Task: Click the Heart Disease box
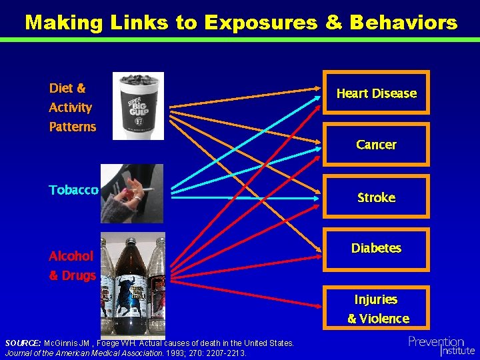pyautogui.click(x=376, y=93)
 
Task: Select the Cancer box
pyautogui.click(x=376, y=145)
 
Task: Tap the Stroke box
pyautogui.click(x=376, y=197)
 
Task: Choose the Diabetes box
pyautogui.click(x=376, y=248)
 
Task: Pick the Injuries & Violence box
pyautogui.click(x=376, y=309)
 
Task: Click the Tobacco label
pyautogui.click(x=73, y=190)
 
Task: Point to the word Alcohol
pyautogui.click(x=71, y=256)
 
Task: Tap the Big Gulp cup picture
pyautogui.click(x=138, y=105)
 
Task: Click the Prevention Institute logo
pyautogui.click(x=441, y=345)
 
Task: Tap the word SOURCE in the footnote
pyautogui.click(x=23, y=343)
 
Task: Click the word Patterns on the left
pyautogui.click(x=72, y=127)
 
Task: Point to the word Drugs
pyautogui.click(x=79, y=275)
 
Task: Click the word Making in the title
pyautogui.click(x=64, y=23)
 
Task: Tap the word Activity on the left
pyautogui.click(x=70, y=107)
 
